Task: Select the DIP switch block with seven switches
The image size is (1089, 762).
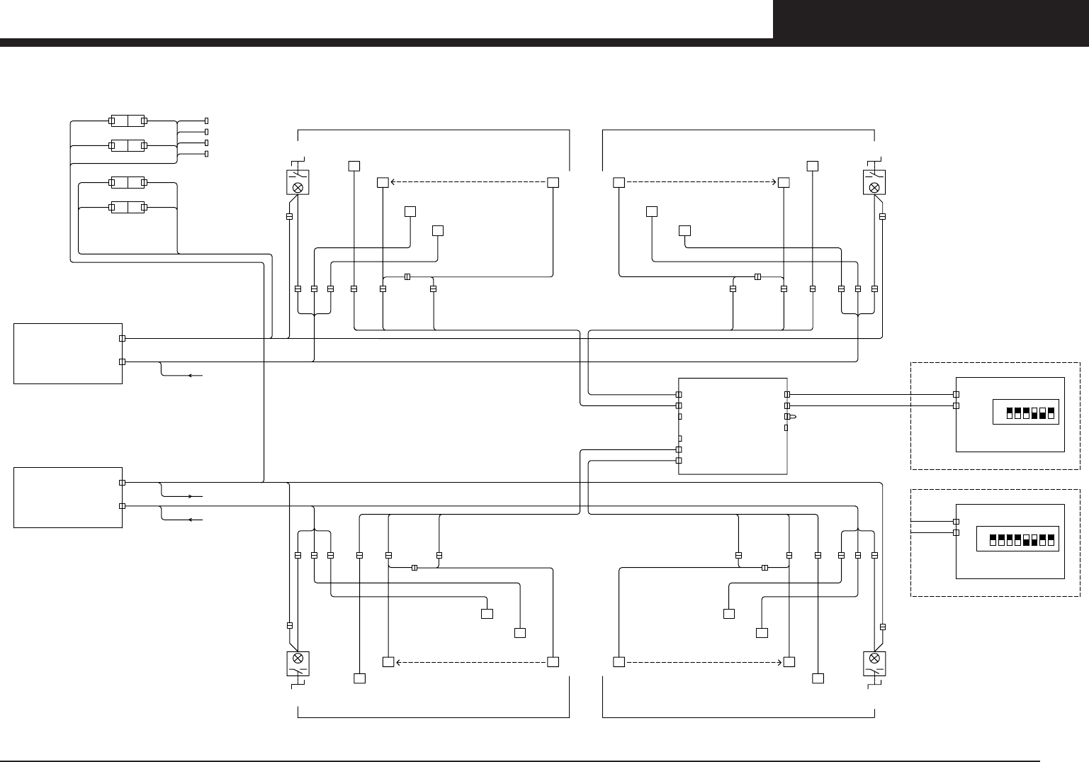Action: click(1026, 413)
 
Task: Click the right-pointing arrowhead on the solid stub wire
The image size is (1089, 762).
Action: click(190, 496)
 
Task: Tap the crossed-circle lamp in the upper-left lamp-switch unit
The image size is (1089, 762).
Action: click(298, 188)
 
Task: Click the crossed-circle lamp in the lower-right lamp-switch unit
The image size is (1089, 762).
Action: click(874, 658)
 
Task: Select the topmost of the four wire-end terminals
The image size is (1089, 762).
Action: click(206, 121)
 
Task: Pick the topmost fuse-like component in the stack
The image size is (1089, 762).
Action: click(128, 121)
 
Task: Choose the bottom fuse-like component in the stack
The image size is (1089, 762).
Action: click(128, 208)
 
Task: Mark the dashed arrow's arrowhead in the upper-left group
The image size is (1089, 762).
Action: click(393, 182)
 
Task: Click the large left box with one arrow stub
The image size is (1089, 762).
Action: click(68, 354)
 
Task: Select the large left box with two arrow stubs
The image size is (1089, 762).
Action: click(68, 498)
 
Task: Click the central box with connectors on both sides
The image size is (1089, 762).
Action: click(733, 426)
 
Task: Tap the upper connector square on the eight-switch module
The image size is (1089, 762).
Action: click(956, 521)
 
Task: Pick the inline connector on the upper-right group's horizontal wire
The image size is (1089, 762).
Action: click(757, 276)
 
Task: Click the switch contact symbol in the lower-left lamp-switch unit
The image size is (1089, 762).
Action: click(298, 671)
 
